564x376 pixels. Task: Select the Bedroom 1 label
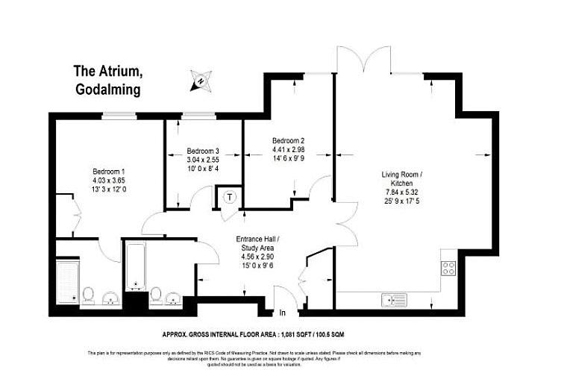pos(108,169)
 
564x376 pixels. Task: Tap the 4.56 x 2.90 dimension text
pos(257,256)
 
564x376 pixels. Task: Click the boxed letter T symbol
pos(230,198)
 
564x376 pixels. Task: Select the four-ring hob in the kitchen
pos(449,269)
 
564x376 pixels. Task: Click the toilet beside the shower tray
pos(88,296)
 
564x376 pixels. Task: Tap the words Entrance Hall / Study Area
pos(257,243)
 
